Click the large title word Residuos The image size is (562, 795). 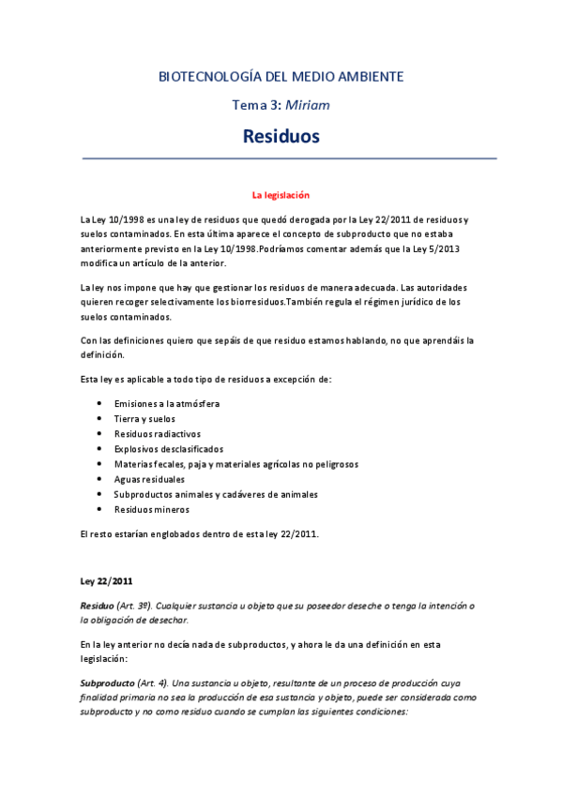pyautogui.click(x=281, y=137)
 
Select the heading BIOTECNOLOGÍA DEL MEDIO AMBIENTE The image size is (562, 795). pyautogui.click(x=281, y=76)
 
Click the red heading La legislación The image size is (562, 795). pyautogui.click(x=281, y=195)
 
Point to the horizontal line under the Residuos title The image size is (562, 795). pyautogui.click(x=281, y=158)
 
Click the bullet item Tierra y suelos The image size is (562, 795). pyautogui.click(x=144, y=419)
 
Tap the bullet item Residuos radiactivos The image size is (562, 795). pyautogui.click(x=156, y=434)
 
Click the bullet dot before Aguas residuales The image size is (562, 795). pyautogui.click(x=99, y=479)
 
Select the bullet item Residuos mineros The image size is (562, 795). pyautogui.click(x=151, y=509)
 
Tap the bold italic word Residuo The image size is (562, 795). pyautogui.click(x=98, y=605)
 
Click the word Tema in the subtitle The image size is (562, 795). pyautogui.click(x=249, y=105)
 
